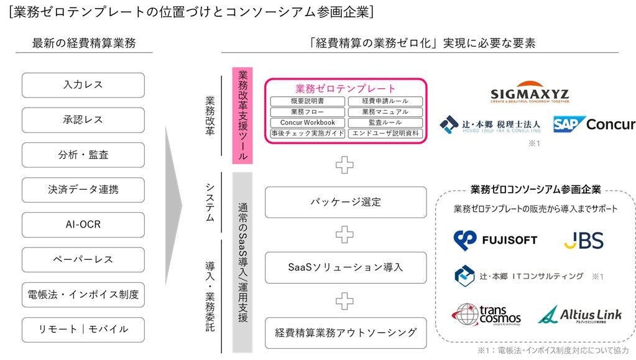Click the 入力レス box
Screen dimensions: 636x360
click(x=83, y=85)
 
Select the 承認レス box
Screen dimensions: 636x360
click(x=83, y=120)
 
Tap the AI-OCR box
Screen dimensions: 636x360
click(x=83, y=224)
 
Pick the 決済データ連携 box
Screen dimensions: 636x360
click(x=83, y=190)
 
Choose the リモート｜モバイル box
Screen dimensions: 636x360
click(x=83, y=330)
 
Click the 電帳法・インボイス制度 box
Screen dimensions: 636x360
click(x=83, y=294)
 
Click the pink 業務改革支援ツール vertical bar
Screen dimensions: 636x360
click(x=242, y=116)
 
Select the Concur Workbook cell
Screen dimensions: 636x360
click(x=307, y=122)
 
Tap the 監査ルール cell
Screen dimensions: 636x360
click(x=385, y=122)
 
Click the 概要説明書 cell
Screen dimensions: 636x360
click(x=307, y=101)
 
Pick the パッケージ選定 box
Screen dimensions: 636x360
click(x=346, y=202)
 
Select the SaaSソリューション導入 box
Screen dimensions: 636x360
click(x=346, y=267)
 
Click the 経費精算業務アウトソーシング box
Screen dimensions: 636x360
click(x=346, y=333)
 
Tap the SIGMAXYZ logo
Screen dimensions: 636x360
click(x=530, y=93)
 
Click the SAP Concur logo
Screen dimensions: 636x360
click(x=594, y=124)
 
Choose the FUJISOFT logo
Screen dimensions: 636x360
click(x=495, y=240)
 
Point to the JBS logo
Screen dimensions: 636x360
click(x=583, y=240)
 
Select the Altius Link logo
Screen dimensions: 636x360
click(x=579, y=315)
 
